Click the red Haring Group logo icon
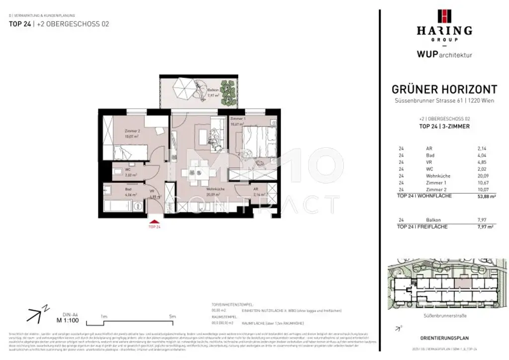(444, 16)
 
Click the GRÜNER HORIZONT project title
(444, 90)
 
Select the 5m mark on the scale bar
(173, 316)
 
